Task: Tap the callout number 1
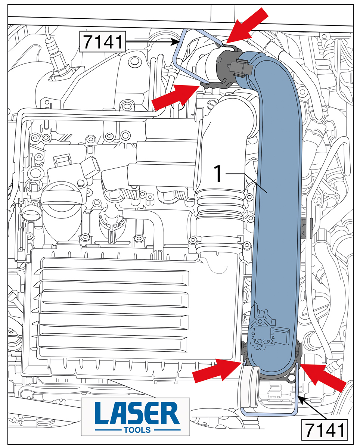(219, 174)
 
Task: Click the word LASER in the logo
(136, 413)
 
